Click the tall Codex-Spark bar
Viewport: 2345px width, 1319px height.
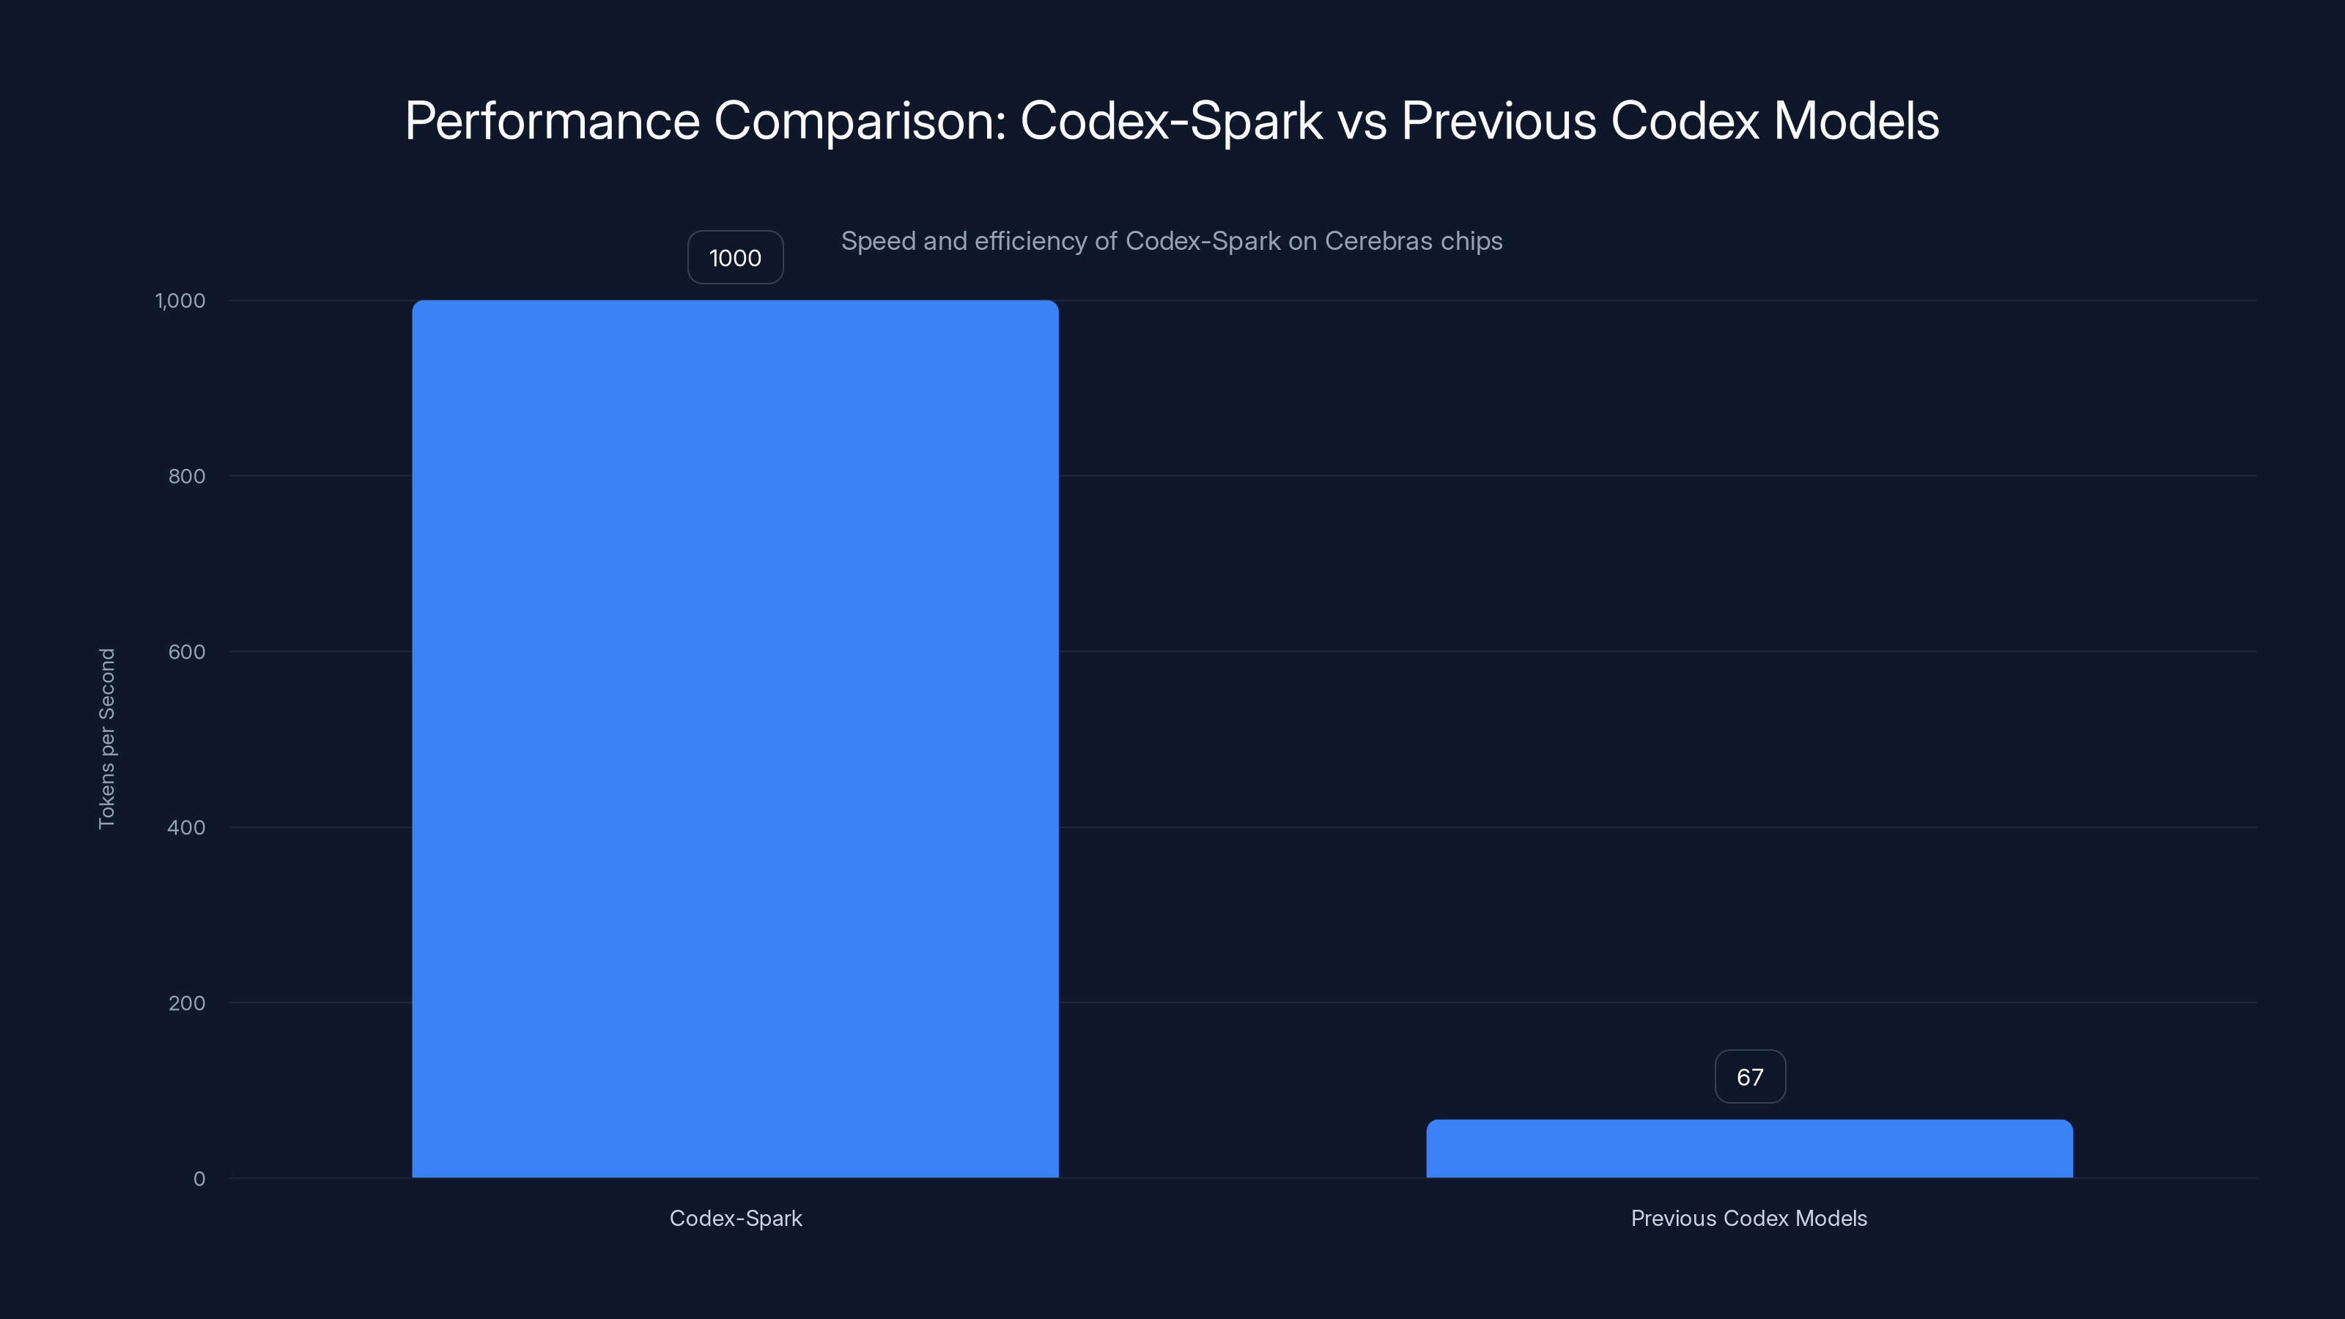point(734,738)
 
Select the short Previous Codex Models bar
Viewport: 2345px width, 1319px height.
point(1748,1149)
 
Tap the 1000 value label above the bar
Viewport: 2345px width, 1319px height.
point(734,258)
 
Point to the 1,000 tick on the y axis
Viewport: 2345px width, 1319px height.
point(180,300)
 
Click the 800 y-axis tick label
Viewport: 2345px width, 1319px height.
point(187,476)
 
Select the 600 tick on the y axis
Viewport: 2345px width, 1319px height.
point(187,651)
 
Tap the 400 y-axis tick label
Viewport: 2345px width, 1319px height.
point(187,827)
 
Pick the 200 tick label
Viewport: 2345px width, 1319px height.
point(187,1003)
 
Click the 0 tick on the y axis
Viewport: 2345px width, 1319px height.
point(199,1179)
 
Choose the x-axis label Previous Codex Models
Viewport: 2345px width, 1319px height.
point(1748,1218)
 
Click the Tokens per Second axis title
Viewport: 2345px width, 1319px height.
point(106,738)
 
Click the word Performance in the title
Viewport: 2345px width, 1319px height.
point(552,121)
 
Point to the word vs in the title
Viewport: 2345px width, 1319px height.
point(1362,121)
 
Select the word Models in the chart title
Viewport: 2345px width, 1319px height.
point(1856,121)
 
